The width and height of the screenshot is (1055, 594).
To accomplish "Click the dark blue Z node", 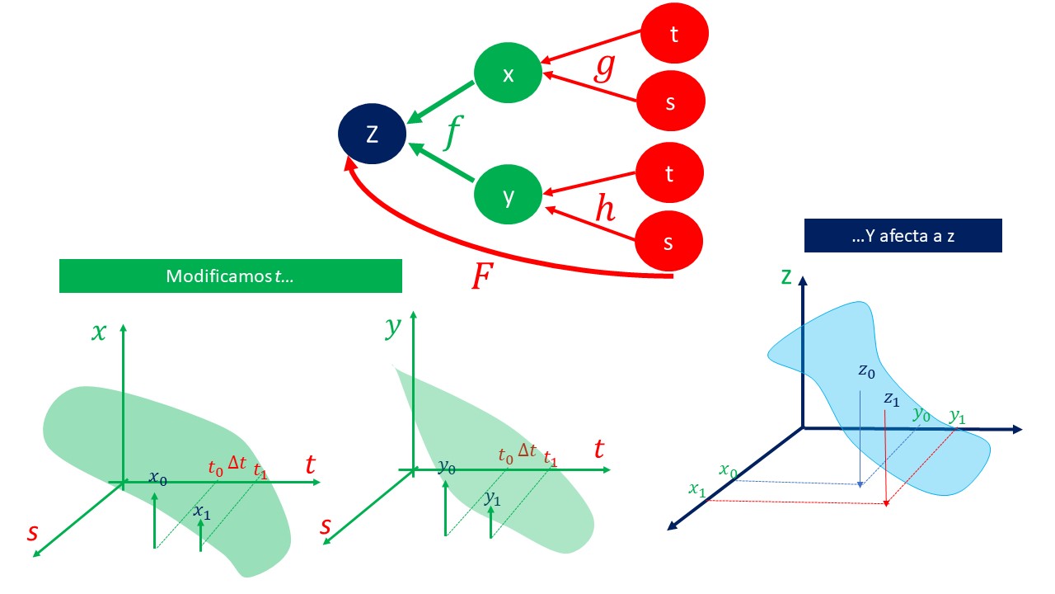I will coord(373,134).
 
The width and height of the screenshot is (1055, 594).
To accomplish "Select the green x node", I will coord(509,74).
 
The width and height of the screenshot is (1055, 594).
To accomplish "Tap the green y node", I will coord(509,196).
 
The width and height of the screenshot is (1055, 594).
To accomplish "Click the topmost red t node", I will coord(675,34).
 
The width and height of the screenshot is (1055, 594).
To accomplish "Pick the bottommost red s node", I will coord(668,243).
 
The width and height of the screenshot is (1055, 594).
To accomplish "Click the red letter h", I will coord(605,210).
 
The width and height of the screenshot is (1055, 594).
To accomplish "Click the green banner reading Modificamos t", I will coord(230,276).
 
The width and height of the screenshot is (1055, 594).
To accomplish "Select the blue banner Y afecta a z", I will coord(903,235).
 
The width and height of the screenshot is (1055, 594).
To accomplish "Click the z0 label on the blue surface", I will coord(865,371).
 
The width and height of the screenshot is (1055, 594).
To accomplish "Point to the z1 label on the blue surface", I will coord(891,398).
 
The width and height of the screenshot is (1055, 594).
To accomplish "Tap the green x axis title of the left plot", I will coord(100,332).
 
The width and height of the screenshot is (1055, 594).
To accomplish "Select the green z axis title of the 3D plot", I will coord(786,276).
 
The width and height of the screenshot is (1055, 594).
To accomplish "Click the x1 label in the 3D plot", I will coord(696,490).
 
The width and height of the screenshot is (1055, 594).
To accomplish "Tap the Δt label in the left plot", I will coord(237,464).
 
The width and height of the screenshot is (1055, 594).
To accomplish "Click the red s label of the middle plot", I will coord(326,526).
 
